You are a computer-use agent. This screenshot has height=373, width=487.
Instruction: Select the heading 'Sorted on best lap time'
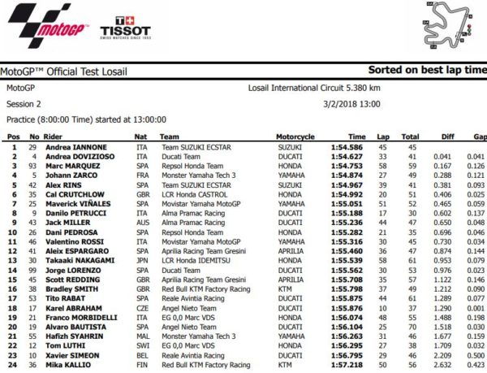pos(427,70)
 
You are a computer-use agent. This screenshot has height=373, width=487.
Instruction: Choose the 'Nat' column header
pos(140,137)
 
